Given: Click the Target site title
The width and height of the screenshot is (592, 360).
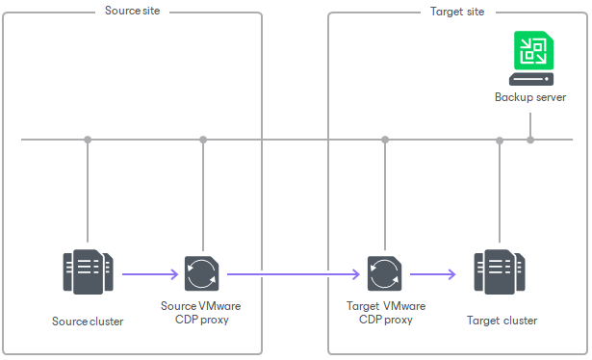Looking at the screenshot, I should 456,12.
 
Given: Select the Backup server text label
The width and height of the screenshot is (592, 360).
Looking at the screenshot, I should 530,97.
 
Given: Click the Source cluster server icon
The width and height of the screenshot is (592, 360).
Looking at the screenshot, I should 88,272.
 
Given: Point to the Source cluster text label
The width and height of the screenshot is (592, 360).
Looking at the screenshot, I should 88,321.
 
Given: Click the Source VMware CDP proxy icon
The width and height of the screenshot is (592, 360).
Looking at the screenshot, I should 202,274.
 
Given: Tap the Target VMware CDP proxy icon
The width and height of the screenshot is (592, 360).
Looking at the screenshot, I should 385,274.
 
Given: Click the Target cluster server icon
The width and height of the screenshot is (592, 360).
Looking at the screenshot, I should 499,272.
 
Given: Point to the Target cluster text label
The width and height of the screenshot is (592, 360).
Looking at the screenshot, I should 502,321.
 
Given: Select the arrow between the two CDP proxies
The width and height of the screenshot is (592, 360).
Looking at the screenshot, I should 294,274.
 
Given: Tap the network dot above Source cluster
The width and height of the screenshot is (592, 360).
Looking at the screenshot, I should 88,140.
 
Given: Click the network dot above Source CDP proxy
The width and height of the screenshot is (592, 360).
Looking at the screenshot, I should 203,140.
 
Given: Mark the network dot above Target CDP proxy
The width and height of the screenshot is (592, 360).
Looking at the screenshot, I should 385,140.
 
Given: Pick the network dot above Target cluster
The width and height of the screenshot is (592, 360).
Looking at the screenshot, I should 499,141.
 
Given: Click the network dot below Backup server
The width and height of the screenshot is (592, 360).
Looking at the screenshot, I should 530,140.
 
